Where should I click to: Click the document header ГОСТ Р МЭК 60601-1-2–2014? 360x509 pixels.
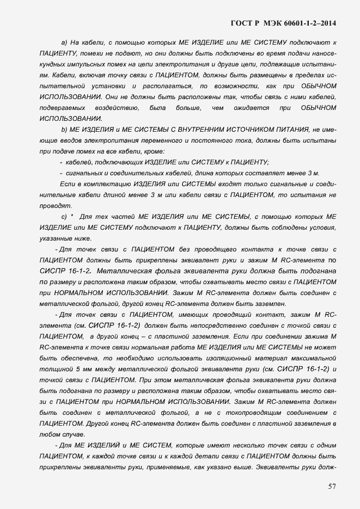point(283,23)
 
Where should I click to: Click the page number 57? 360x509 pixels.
point(331,486)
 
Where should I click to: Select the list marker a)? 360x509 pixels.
point(64,42)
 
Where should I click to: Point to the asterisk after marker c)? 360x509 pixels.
point(72,216)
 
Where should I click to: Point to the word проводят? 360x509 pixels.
point(56,205)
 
